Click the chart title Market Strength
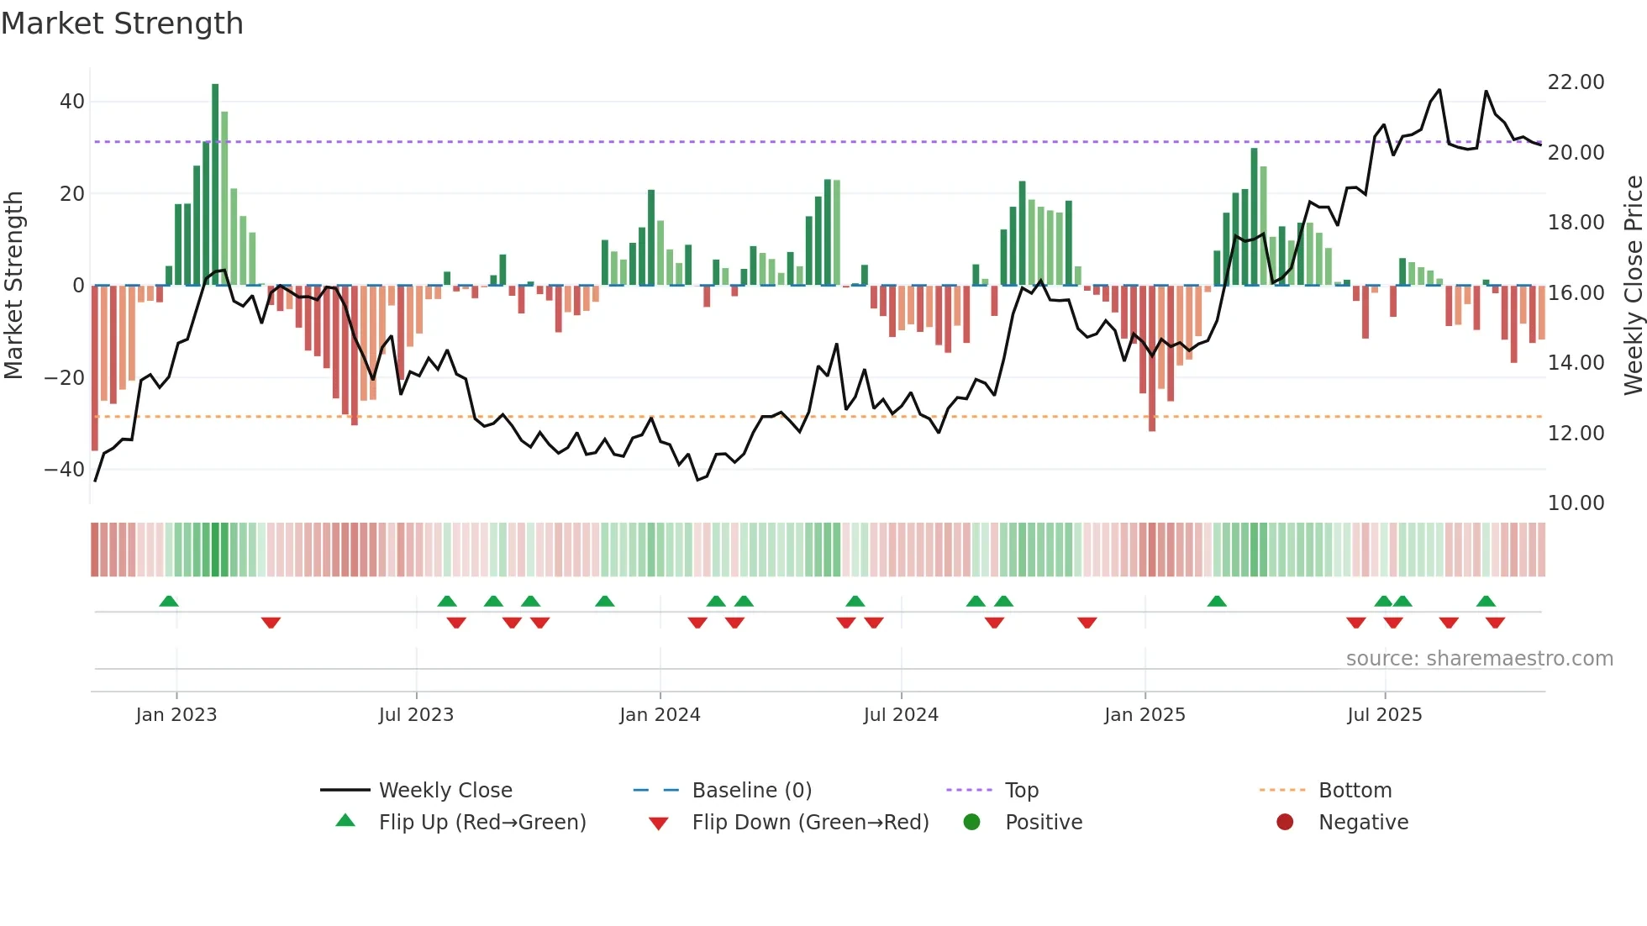pos(122,24)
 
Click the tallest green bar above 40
pos(215,185)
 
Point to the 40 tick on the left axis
pos(72,102)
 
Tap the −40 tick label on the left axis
pos(65,470)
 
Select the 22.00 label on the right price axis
pos(1576,82)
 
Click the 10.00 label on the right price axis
pos(1576,503)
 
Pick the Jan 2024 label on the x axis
pos(660,715)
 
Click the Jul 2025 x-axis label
pos(1384,715)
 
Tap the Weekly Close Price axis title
pos(1633,286)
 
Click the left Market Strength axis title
pos(13,286)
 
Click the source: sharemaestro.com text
pos(1479,659)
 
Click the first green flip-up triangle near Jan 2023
pos(169,601)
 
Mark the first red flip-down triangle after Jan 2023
pos(271,623)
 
